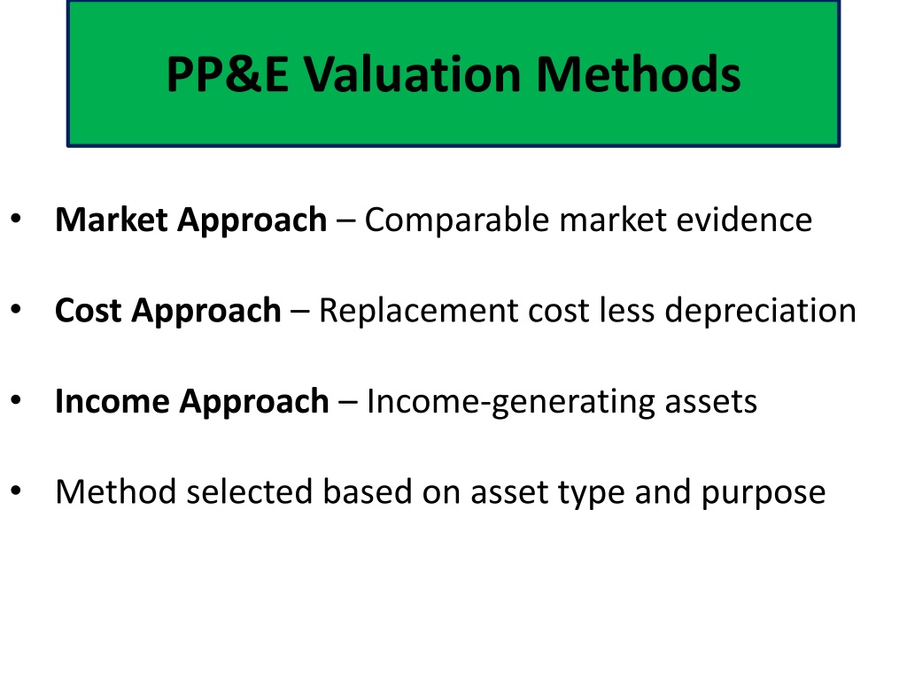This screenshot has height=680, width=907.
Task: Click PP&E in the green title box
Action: pyautogui.click(x=228, y=74)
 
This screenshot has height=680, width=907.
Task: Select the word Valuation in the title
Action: pyautogui.click(x=413, y=74)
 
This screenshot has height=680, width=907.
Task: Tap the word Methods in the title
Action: pyautogui.click(x=639, y=74)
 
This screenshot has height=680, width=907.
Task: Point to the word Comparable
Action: pyautogui.click(x=456, y=220)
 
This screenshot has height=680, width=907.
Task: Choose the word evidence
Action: pyautogui.click(x=744, y=220)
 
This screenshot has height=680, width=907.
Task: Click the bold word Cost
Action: pyautogui.click(x=88, y=311)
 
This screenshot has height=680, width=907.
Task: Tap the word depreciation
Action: pyautogui.click(x=760, y=312)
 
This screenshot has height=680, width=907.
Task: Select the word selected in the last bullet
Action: pyautogui.click(x=249, y=492)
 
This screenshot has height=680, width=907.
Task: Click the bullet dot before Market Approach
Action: pyautogui.click(x=16, y=219)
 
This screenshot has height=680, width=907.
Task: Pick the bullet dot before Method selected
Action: pyautogui.click(x=16, y=491)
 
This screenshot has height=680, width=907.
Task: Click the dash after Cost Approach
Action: pyautogui.click(x=299, y=313)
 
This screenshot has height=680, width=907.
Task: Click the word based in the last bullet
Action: pyautogui.click(x=367, y=492)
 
